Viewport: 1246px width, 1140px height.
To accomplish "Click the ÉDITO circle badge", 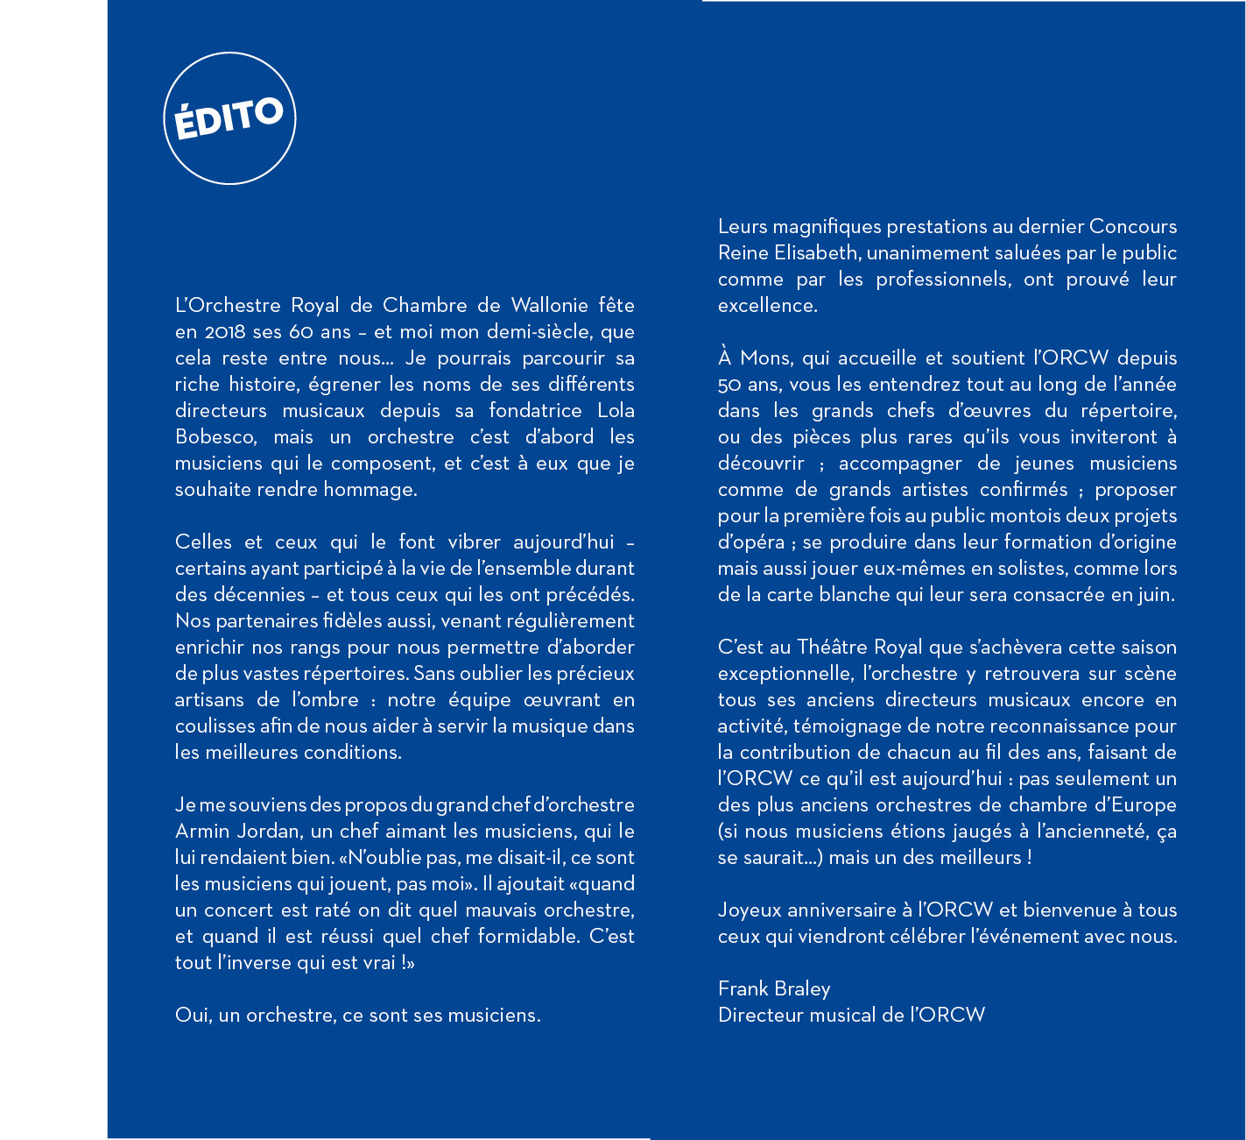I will tap(229, 118).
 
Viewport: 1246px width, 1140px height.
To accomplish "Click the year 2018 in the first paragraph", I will tap(226, 332).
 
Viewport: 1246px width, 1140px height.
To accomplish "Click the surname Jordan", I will tap(265, 832).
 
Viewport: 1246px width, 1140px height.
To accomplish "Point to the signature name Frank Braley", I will tap(774, 989).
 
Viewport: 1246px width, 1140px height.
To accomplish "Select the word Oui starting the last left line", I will tap(191, 1016).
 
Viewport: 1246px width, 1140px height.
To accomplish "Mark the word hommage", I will tap(370, 490).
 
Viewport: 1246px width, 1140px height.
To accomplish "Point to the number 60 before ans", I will tap(301, 332).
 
